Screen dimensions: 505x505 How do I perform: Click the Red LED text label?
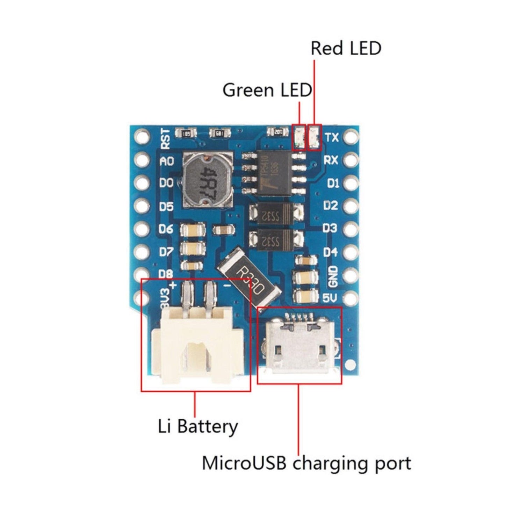[346, 48]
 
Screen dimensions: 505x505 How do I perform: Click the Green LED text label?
[267, 90]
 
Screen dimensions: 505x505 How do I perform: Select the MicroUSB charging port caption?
[306, 463]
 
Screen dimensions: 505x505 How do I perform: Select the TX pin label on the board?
[332, 137]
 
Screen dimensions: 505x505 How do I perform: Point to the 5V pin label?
[331, 298]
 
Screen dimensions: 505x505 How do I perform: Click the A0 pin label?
[166, 161]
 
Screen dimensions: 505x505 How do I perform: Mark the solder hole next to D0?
[142, 183]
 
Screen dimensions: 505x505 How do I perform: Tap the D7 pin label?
[166, 252]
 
